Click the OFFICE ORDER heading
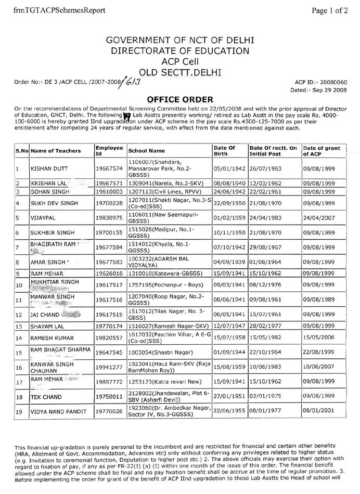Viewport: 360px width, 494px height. [x=180, y=99]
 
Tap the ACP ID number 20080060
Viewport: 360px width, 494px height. [x=332, y=82]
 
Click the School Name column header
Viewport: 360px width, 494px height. [x=148, y=151]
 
